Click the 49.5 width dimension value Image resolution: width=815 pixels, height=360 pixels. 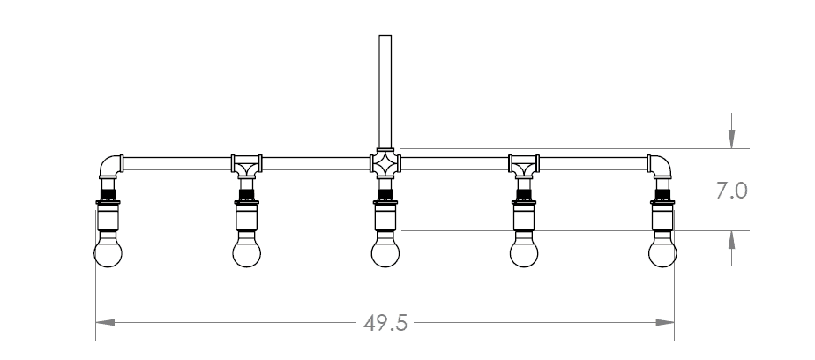(385, 323)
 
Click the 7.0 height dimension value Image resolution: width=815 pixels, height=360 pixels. (732, 191)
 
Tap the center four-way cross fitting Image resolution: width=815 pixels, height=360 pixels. (385, 163)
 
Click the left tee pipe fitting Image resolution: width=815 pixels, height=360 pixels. (246, 165)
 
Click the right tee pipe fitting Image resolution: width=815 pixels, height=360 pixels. (524, 165)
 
